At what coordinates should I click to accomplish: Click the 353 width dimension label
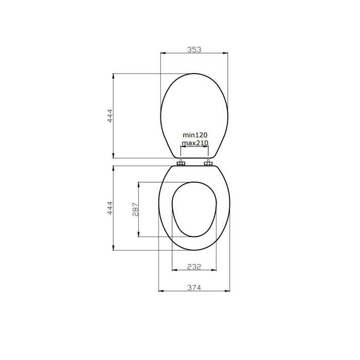(x=194, y=49)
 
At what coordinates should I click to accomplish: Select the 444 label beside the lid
(x=110, y=116)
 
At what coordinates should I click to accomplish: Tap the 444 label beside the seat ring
(x=110, y=208)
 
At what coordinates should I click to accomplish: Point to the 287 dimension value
(x=135, y=210)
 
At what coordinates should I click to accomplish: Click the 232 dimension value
(x=194, y=266)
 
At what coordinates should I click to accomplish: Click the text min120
(x=195, y=135)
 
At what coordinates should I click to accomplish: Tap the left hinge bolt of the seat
(x=181, y=164)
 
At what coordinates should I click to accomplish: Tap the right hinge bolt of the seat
(x=208, y=164)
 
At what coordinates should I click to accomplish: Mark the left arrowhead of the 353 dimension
(x=163, y=53)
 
